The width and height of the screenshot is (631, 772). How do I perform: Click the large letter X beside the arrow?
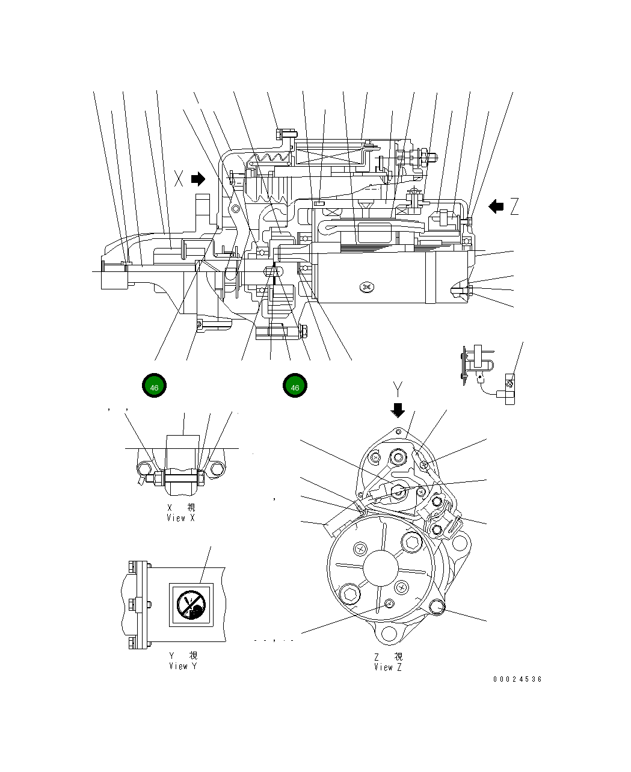(x=179, y=178)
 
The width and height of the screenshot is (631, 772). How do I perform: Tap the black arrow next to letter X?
(x=198, y=179)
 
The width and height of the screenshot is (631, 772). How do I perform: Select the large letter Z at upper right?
(x=514, y=207)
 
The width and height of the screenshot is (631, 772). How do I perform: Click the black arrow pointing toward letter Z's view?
(x=496, y=207)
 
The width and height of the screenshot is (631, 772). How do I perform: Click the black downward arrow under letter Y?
(x=398, y=410)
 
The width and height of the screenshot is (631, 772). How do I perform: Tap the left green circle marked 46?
(x=155, y=387)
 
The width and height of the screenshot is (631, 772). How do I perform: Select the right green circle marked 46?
(x=295, y=387)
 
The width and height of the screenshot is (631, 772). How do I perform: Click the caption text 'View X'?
(x=180, y=517)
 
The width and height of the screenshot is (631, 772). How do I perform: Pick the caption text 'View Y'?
(x=182, y=665)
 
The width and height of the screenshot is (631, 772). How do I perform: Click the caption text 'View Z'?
(x=388, y=667)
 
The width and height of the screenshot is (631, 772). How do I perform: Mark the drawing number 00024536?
(x=517, y=679)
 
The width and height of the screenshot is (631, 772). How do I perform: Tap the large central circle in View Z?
(x=381, y=568)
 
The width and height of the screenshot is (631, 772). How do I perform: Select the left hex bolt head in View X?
(x=144, y=469)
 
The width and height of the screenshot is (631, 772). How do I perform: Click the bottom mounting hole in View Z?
(x=388, y=634)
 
